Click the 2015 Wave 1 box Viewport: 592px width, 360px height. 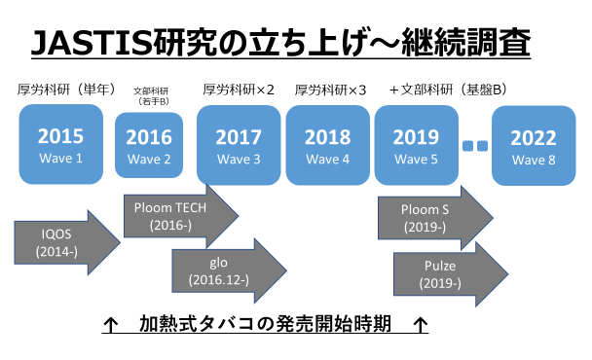(60, 145)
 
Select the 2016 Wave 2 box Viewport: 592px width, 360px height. (148, 145)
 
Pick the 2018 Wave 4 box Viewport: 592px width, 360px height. (326, 145)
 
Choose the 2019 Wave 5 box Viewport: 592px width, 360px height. (415, 145)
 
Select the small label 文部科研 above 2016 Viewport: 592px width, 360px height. (149, 90)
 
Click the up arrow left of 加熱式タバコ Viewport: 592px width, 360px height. (111, 323)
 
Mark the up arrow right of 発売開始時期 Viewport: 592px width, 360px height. (420, 323)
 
